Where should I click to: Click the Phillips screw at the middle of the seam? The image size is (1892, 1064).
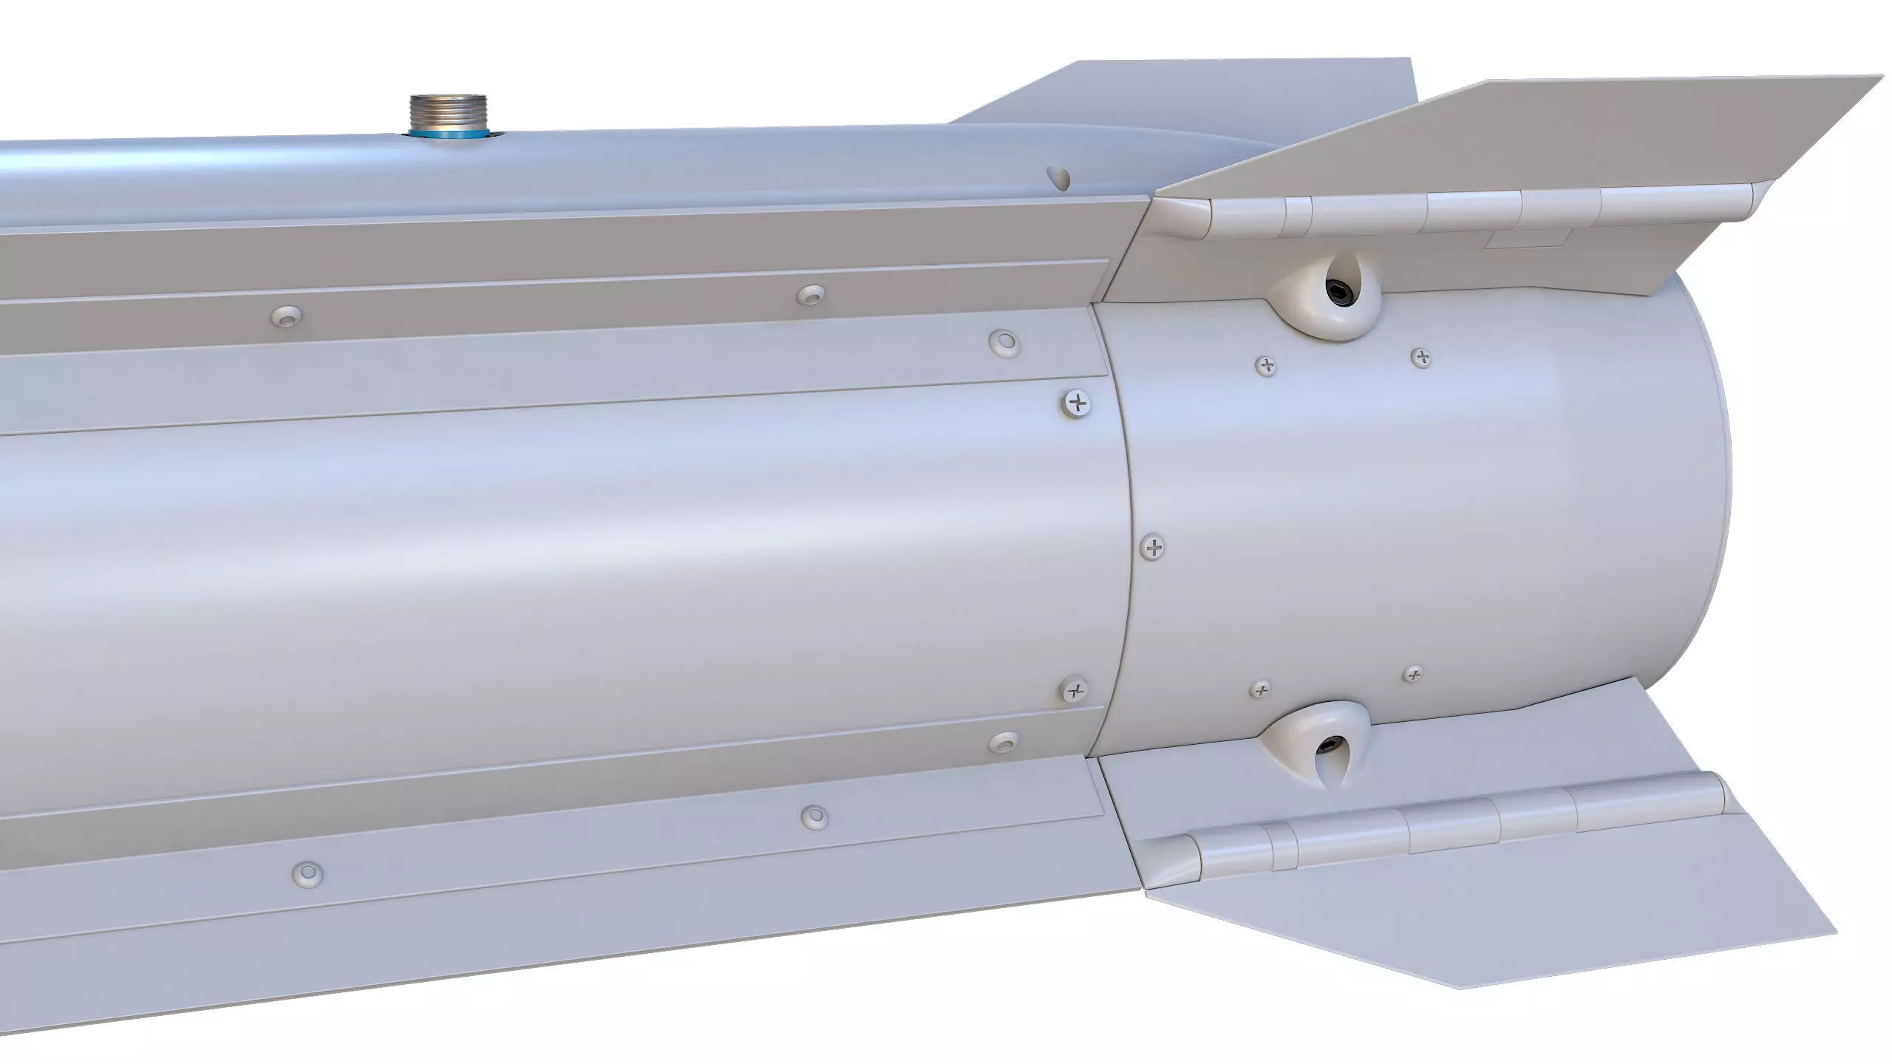[1154, 548]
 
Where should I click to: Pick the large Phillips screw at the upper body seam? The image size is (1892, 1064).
[1079, 403]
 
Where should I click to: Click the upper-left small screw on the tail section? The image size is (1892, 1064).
[1267, 364]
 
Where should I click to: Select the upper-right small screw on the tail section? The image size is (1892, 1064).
[1421, 358]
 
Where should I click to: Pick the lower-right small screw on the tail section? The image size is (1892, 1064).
[1414, 674]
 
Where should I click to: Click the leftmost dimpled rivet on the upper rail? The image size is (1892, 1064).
[287, 316]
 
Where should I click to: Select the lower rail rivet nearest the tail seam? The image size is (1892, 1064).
[1004, 743]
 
